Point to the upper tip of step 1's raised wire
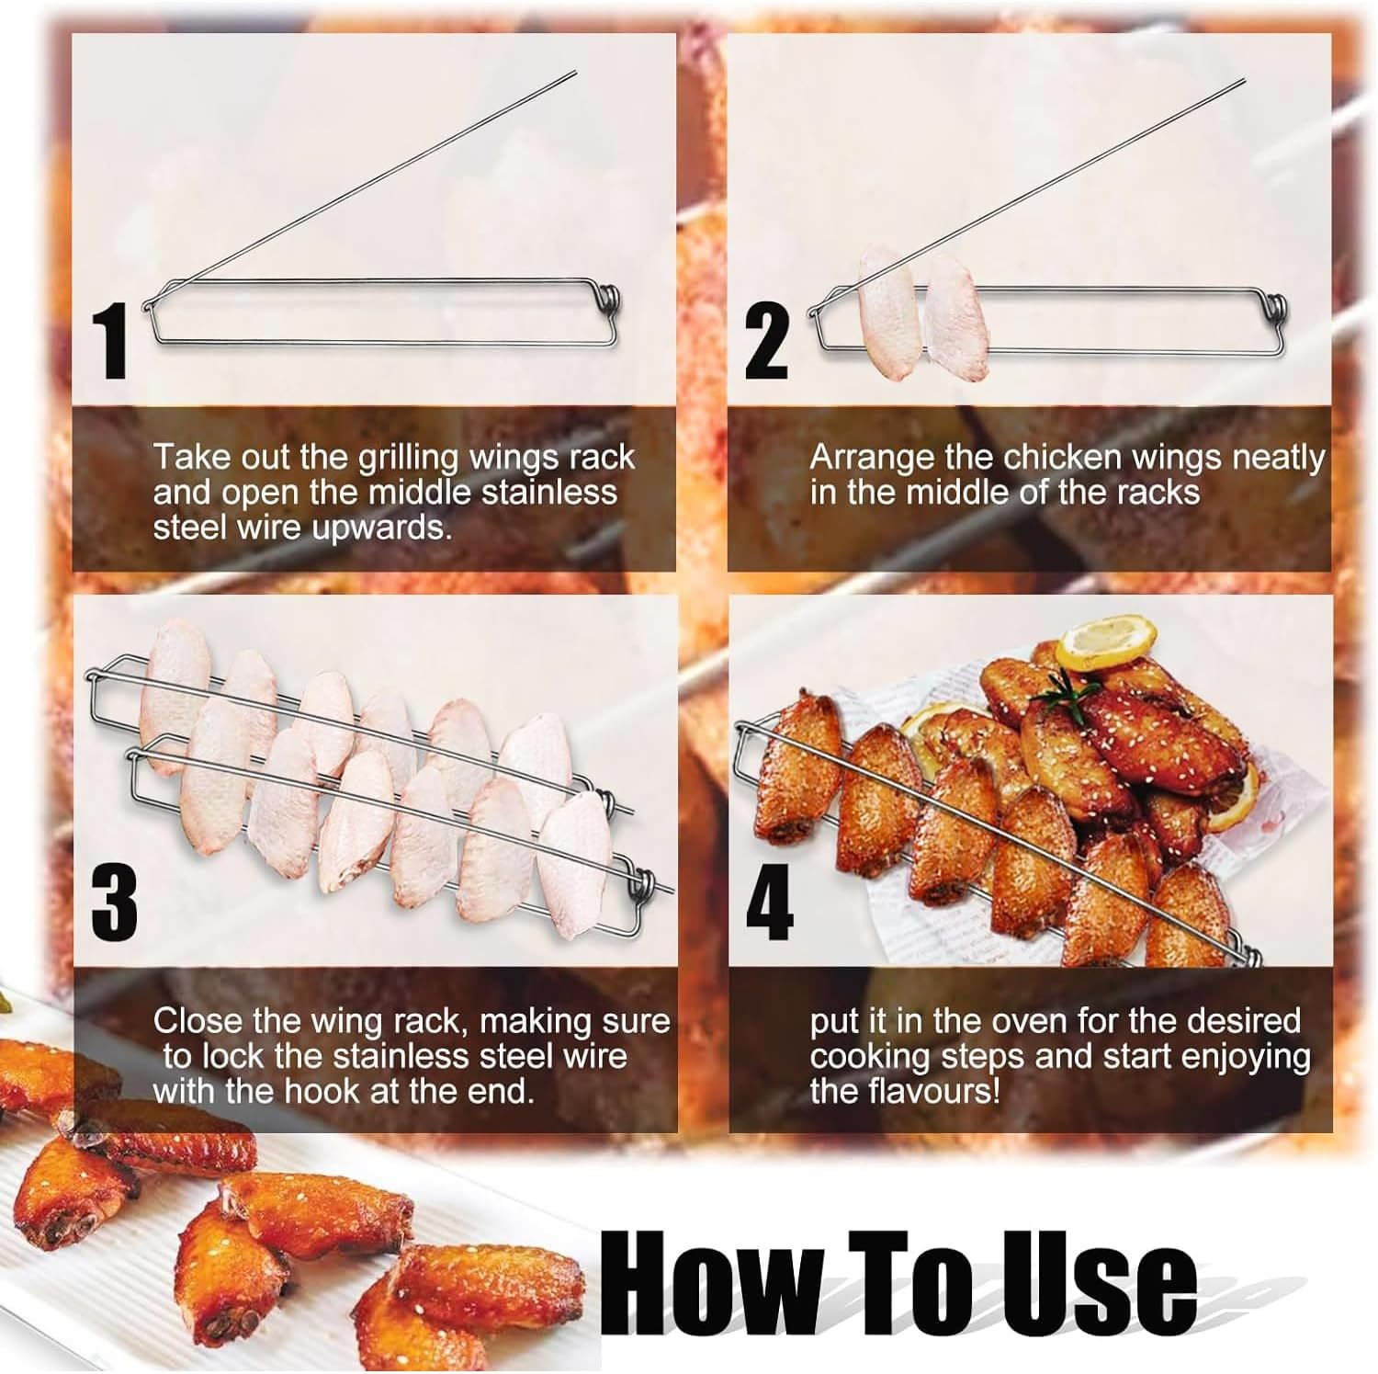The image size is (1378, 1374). point(575,72)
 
